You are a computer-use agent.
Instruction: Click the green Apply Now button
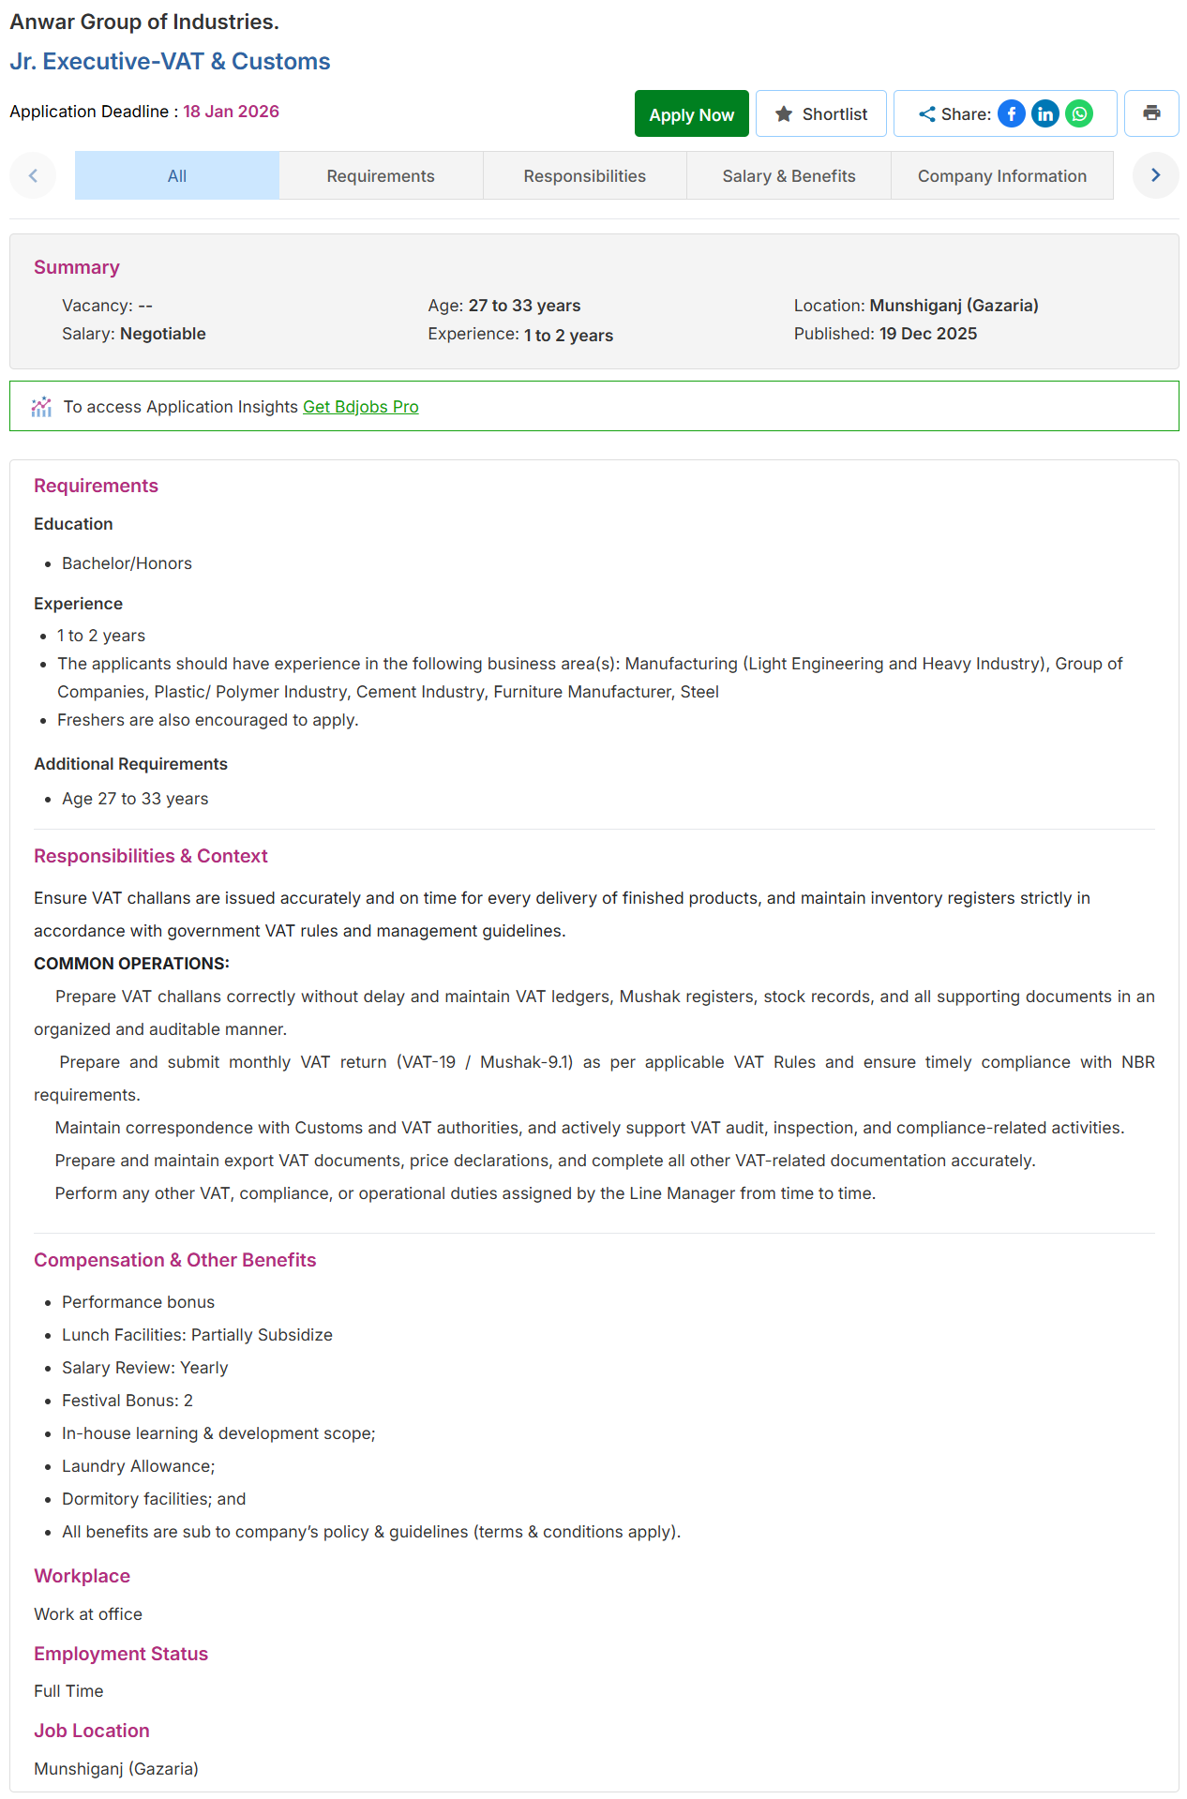pos(691,114)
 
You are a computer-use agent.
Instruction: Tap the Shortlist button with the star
pos(820,114)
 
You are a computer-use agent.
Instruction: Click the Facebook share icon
pos(1011,113)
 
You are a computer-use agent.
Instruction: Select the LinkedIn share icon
pos(1044,113)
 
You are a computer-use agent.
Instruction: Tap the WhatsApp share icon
pos(1079,113)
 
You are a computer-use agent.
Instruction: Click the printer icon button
pos(1151,113)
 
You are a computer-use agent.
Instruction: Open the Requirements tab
pos(381,176)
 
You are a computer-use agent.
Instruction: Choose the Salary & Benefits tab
pos(789,176)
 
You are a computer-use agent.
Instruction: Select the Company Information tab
pos(1001,176)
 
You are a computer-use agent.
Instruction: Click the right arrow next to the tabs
pos(1155,175)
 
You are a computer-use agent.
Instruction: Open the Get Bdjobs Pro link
pos(360,407)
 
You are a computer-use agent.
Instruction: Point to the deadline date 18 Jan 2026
pos(231,112)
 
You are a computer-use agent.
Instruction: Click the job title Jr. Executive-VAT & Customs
pos(170,62)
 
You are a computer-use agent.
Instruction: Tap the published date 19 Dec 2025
pos(927,334)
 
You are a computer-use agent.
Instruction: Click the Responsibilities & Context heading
pos(151,856)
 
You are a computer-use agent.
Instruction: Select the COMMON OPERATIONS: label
pos(131,964)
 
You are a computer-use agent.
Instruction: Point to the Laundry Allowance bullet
pos(138,1466)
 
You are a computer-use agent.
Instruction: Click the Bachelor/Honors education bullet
pos(127,563)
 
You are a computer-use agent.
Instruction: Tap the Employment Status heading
pos(121,1654)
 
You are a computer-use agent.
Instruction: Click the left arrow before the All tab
pos(33,175)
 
